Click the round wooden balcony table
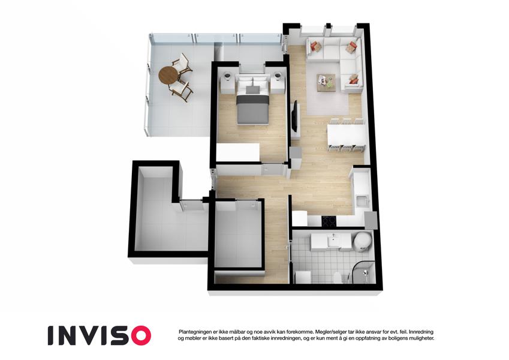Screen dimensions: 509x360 (x=168, y=76)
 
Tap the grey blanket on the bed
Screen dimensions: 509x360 (x=253, y=109)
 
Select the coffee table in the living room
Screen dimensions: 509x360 (x=326, y=83)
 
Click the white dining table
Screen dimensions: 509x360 (x=347, y=134)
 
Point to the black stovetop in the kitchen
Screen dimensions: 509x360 (x=330, y=221)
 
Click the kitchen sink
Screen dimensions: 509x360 (x=362, y=201)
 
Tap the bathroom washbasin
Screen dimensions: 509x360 (x=333, y=242)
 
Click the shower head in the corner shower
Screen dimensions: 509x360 (x=365, y=272)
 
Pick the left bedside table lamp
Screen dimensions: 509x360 (x=227, y=77)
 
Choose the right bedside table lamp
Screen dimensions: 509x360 (x=278, y=76)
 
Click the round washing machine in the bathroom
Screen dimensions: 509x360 (x=362, y=242)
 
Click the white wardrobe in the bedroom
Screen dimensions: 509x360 (x=238, y=152)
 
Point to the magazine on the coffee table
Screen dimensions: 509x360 (x=322, y=79)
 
